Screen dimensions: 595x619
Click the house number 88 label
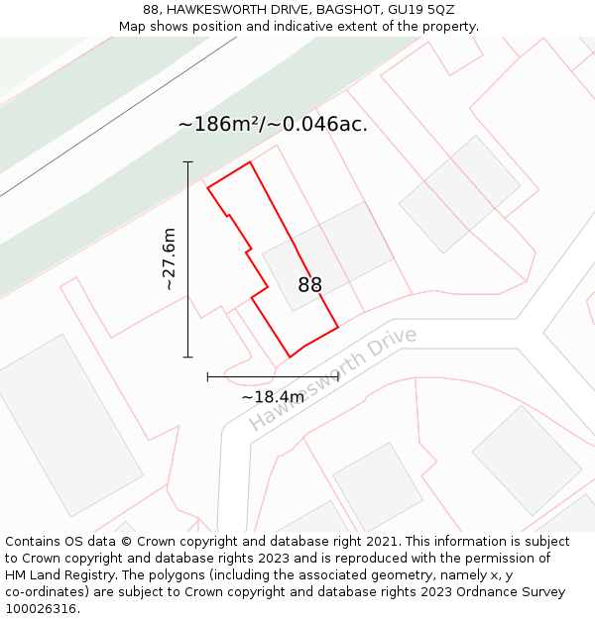(x=309, y=285)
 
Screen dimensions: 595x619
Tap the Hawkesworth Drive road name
(x=332, y=379)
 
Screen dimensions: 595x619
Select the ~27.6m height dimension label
(x=170, y=258)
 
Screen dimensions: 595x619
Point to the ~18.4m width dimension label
(x=273, y=397)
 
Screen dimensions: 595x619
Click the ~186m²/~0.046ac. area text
(x=273, y=125)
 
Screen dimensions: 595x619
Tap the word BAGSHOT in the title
(x=351, y=10)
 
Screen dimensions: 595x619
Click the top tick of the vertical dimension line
(x=187, y=161)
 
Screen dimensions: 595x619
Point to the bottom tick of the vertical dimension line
(x=187, y=357)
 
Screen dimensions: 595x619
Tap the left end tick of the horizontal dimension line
(x=207, y=376)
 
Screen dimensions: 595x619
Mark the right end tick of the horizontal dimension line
(x=338, y=376)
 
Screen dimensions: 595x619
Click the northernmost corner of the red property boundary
(x=249, y=162)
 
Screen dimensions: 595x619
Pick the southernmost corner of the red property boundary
(x=290, y=357)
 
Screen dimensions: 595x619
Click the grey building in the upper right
(x=459, y=194)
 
